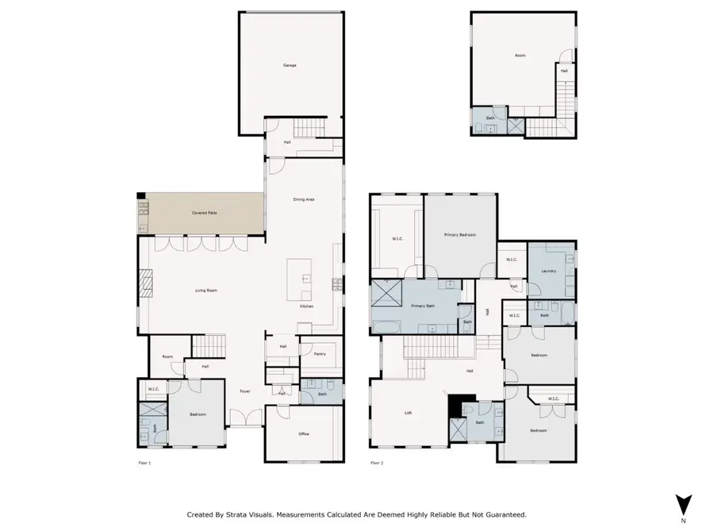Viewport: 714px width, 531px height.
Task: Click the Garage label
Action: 290,65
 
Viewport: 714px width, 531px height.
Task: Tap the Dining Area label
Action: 305,199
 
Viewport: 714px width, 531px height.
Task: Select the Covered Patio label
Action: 205,214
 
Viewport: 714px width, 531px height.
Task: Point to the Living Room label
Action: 206,291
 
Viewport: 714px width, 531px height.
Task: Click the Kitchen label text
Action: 306,306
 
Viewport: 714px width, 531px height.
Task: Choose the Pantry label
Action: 320,354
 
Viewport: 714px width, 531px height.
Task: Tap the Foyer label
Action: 245,391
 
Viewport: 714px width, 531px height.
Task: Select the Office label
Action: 304,434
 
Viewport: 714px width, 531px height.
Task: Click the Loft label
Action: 408,413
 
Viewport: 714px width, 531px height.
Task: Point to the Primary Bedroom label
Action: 460,235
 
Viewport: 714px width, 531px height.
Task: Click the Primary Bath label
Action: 422,306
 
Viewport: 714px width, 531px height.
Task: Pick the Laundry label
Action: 548,271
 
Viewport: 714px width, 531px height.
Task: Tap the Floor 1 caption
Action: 144,463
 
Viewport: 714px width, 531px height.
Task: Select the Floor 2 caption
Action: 376,463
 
